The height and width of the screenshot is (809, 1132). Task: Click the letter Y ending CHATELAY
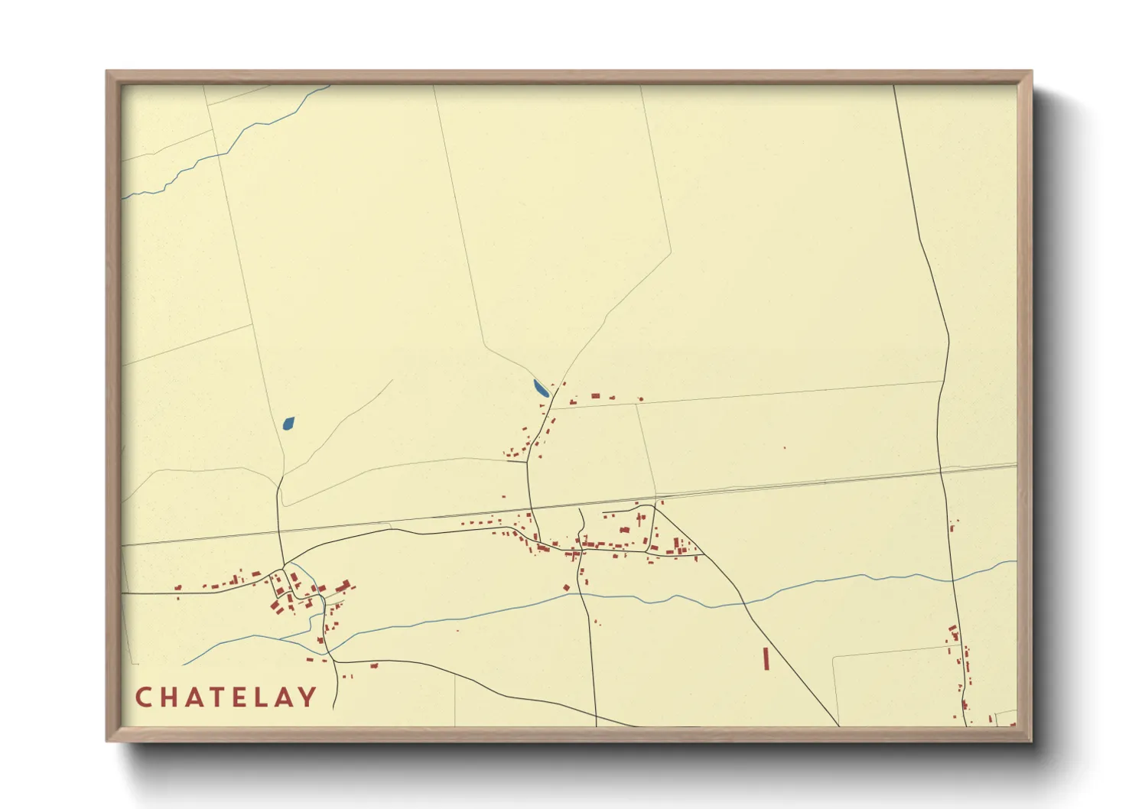[x=307, y=697]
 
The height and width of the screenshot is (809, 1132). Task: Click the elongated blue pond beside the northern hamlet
[x=541, y=388]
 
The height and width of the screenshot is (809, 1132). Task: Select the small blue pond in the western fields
[x=288, y=423]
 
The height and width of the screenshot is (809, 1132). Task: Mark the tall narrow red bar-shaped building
[x=766, y=658]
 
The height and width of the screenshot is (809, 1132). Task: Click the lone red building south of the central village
[x=567, y=587]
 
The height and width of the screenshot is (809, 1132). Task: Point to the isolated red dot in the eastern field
[x=784, y=447]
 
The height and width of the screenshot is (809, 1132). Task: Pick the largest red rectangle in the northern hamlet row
[x=595, y=396]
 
